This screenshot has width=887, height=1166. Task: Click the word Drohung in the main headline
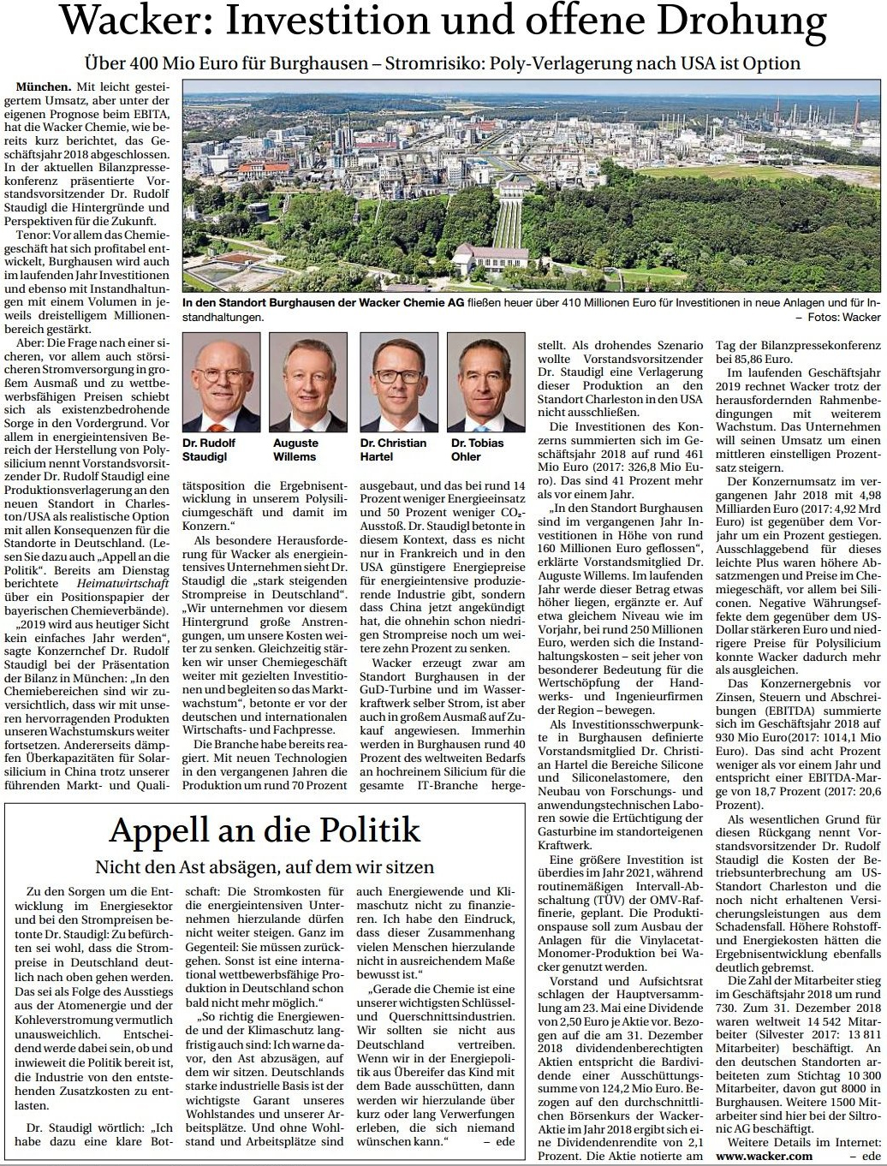tap(734, 24)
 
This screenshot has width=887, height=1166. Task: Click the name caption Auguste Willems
tap(295, 449)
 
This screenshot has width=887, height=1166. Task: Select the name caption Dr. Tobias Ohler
tap(478, 449)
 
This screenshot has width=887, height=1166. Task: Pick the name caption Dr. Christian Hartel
tap(393, 449)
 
